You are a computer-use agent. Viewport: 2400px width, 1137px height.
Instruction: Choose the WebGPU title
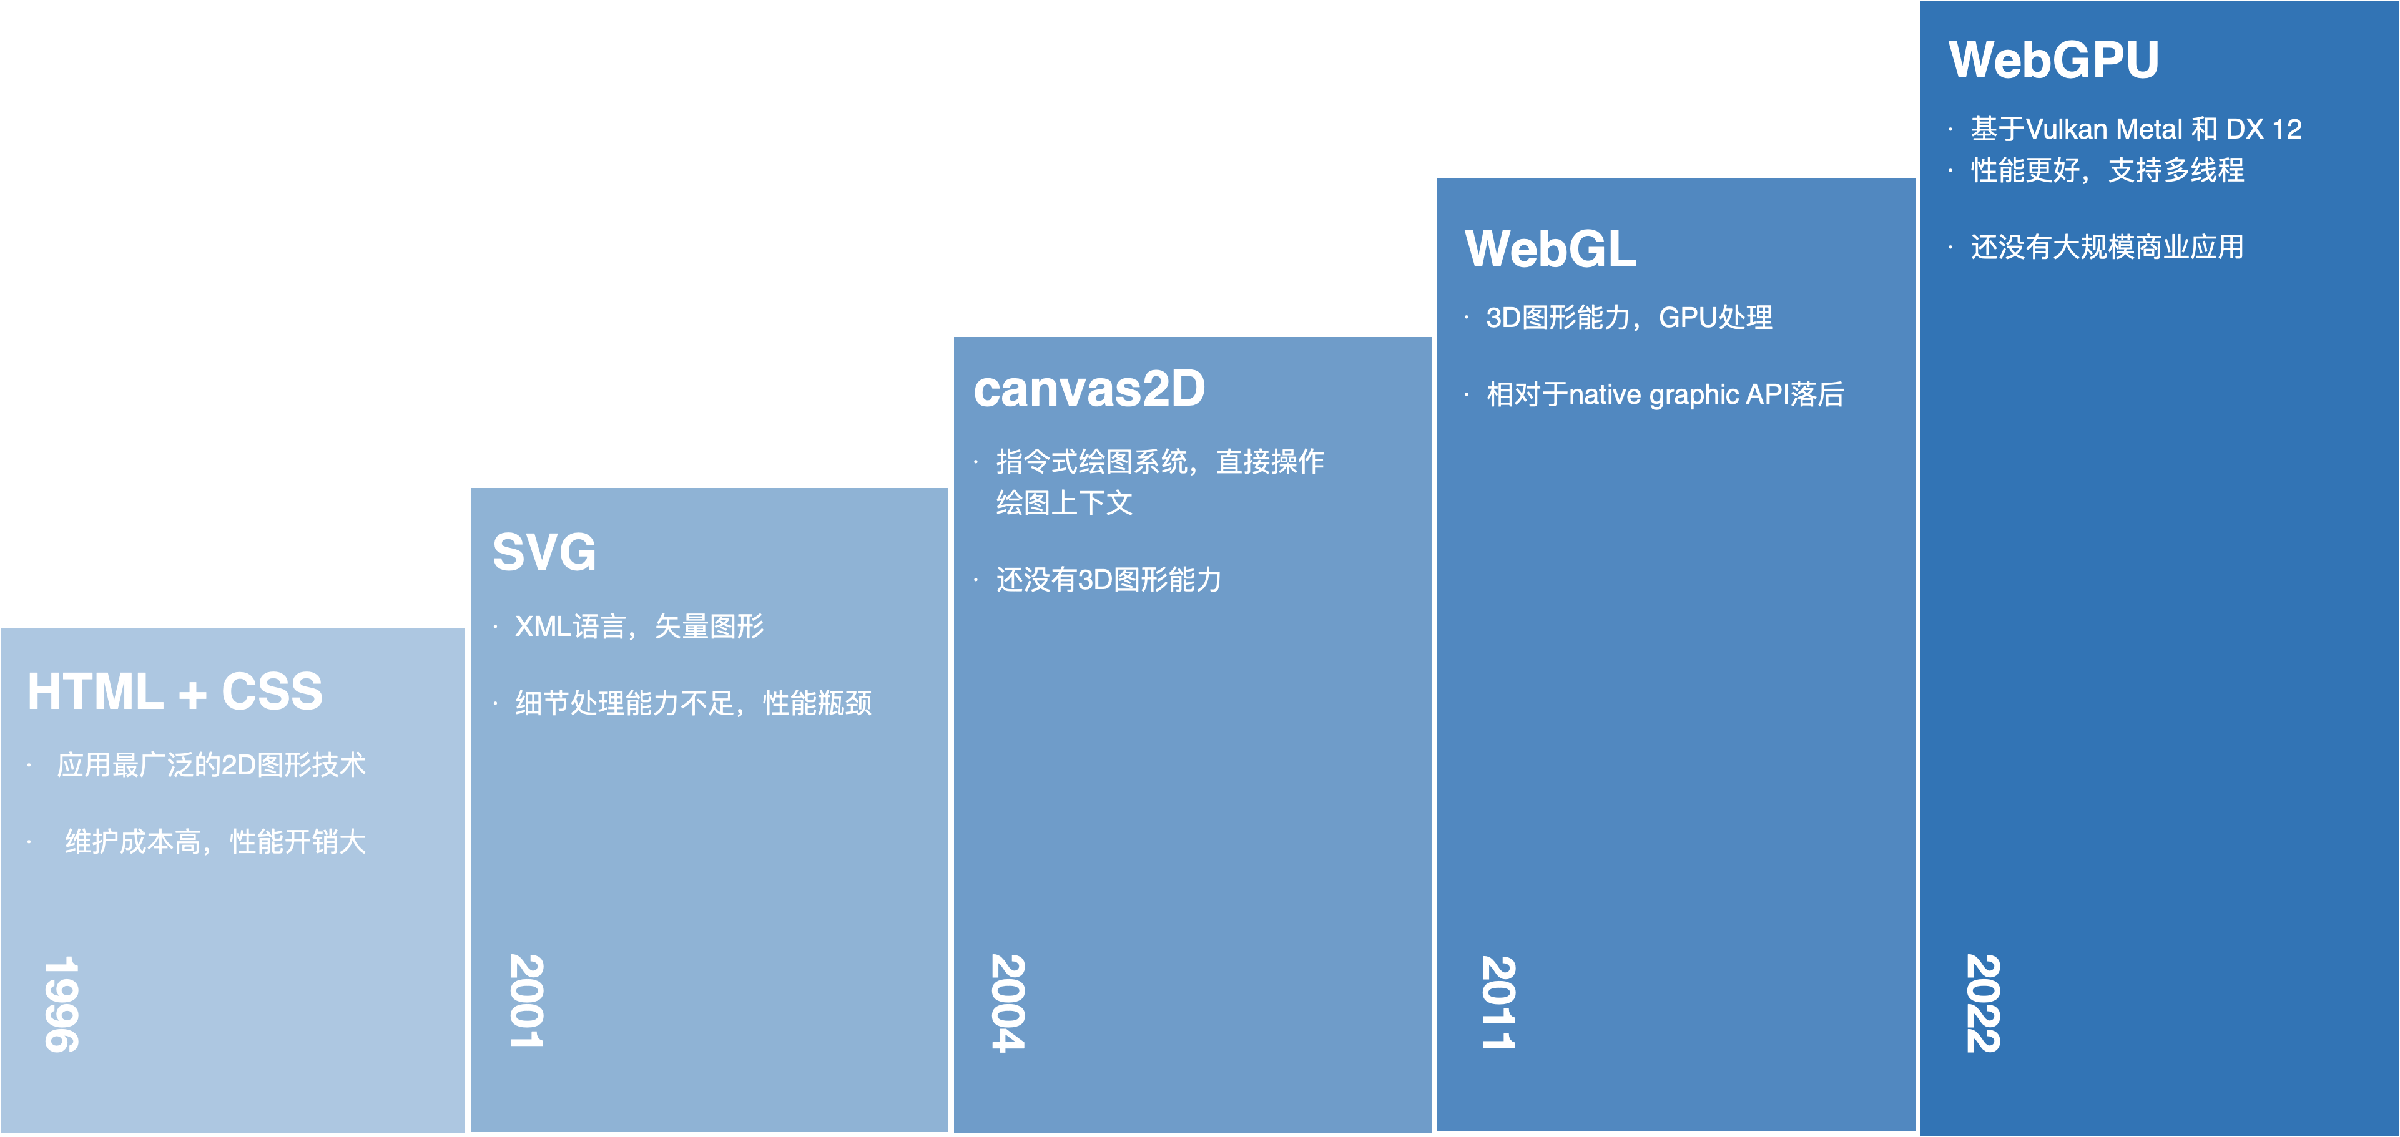pyautogui.click(x=2053, y=61)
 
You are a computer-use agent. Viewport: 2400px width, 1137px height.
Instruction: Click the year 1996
pyautogui.click(x=61, y=1004)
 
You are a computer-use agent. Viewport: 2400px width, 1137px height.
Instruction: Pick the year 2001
pyautogui.click(x=526, y=1001)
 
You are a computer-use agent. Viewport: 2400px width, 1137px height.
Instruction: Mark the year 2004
pyautogui.click(x=1008, y=1003)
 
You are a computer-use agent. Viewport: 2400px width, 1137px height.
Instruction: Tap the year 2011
pyautogui.click(x=1498, y=1003)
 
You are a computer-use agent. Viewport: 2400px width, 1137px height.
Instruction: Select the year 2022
pyautogui.click(x=1982, y=1003)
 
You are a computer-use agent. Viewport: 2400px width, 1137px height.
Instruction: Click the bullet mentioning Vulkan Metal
pyautogui.click(x=2135, y=129)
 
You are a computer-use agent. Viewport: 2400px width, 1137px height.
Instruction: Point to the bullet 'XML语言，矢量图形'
pyautogui.click(x=639, y=627)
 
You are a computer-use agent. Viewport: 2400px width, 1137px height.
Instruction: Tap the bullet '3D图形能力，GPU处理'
pyautogui.click(x=1628, y=318)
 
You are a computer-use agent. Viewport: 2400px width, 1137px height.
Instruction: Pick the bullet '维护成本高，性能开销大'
pyautogui.click(x=215, y=842)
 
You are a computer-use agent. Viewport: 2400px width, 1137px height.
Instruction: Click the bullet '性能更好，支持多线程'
pyautogui.click(x=2107, y=170)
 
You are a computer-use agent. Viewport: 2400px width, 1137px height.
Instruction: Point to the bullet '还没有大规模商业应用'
pyautogui.click(x=2107, y=246)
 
